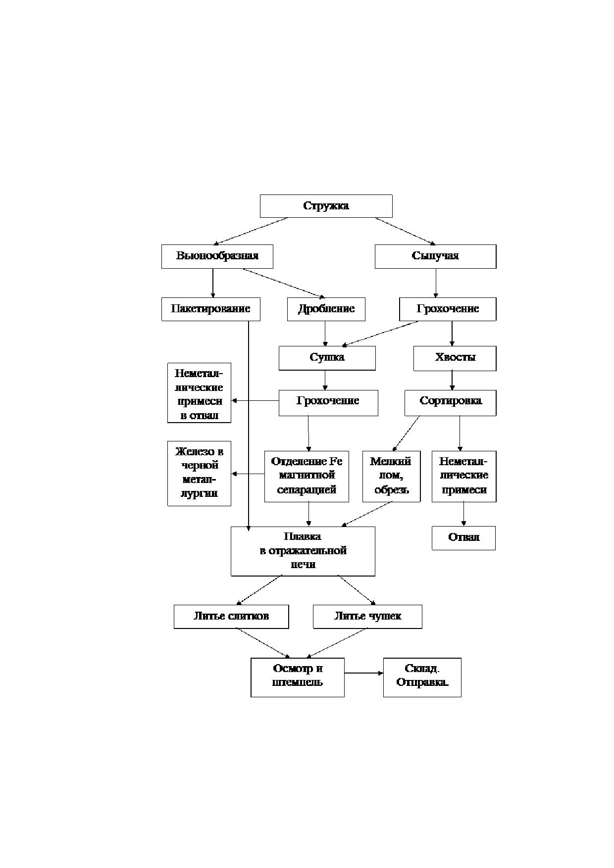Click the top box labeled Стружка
point(326,206)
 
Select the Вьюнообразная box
point(217,256)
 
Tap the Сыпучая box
point(435,256)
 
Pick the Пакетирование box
point(210,309)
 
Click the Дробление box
point(326,309)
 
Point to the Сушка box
point(327,358)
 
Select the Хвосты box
point(455,358)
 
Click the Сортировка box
point(450,403)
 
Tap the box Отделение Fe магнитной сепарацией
point(307,476)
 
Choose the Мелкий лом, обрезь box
point(391,476)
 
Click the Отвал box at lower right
point(463,538)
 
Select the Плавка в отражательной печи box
point(303,551)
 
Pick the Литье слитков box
point(231,617)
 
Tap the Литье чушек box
point(367,617)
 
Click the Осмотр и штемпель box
point(297,677)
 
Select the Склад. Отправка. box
point(422,677)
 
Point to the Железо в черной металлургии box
point(199,474)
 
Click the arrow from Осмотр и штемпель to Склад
point(364,673)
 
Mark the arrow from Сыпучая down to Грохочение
point(436,283)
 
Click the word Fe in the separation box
point(336,461)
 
